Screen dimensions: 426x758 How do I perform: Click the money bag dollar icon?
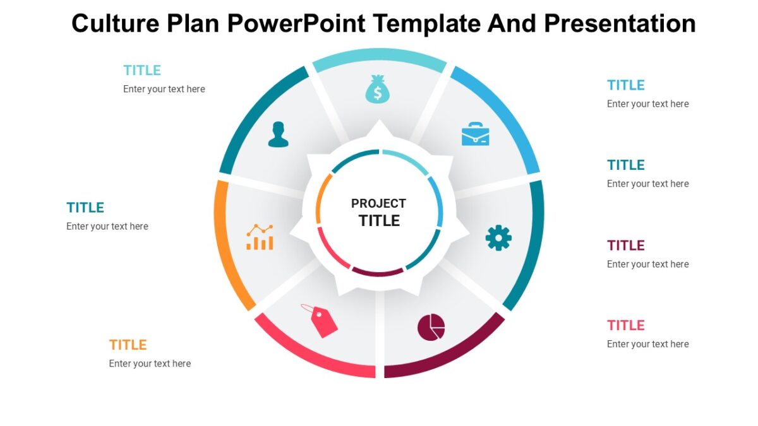(x=377, y=89)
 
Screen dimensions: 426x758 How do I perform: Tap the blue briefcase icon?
(x=475, y=134)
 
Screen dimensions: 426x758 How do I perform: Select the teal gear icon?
(x=498, y=238)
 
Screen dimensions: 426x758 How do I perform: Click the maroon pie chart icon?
(x=431, y=327)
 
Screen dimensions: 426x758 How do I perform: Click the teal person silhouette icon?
(x=278, y=134)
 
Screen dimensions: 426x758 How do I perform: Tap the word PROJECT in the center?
(x=378, y=203)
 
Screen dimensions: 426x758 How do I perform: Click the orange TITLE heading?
(x=128, y=345)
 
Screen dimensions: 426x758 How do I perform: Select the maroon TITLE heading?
(x=625, y=245)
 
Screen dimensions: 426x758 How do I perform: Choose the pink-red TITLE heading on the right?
(x=625, y=325)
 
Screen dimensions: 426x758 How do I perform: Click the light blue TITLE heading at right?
(x=625, y=85)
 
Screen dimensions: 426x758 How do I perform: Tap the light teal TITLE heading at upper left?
(x=142, y=70)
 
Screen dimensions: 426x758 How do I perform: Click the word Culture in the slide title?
(x=115, y=24)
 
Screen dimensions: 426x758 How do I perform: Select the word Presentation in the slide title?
(x=620, y=24)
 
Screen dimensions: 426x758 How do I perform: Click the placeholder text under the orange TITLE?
(x=150, y=364)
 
